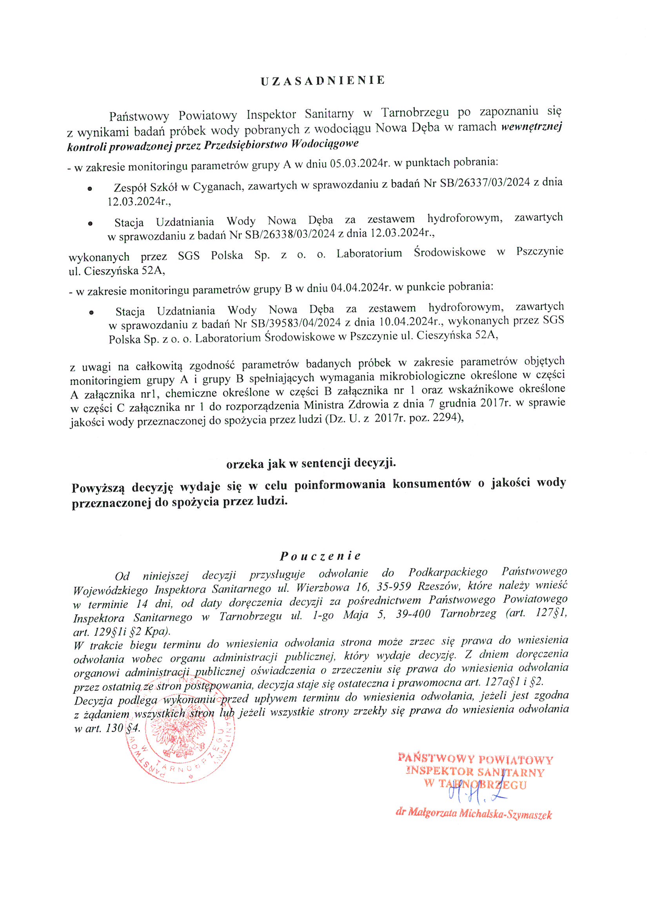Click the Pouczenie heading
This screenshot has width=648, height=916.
[x=320, y=556]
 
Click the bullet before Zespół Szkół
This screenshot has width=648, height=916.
[x=90, y=188]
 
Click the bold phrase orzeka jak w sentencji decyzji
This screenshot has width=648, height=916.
[x=311, y=463]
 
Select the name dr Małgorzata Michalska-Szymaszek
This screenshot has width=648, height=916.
[x=474, y=813]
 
